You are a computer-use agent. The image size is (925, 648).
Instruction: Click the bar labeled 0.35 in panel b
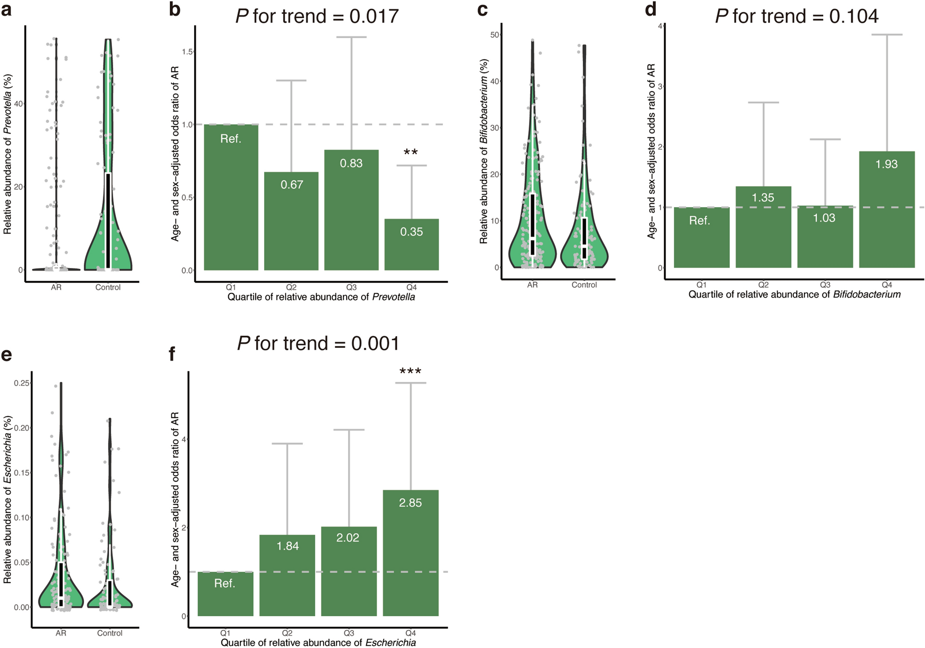pyautogui.click(x=411, y=245)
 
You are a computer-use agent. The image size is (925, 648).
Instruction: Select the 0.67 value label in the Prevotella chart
pyautogui.click(x=292, y=185)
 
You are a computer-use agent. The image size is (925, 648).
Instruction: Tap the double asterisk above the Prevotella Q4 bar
pyautogui.click(x=411, y=152)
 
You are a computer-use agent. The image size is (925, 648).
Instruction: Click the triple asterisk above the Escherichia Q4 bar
pyautogui.click(x=410, y=372)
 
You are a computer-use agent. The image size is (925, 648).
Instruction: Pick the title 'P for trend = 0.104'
pyautogui.click(x=797, y=16)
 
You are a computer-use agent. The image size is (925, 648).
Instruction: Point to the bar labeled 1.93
pyautogui.click(x=886, y=210)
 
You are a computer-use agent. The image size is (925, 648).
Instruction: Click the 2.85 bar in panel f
pyautogui.click(x=410, y=553)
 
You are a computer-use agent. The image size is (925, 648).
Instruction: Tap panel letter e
pyautogui.click(x=7, y=355)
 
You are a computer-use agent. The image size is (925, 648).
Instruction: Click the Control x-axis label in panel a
pyautogui.click(x=108, y=288)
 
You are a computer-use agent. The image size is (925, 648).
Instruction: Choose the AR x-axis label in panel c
pyautogui.click(x=532, y=285)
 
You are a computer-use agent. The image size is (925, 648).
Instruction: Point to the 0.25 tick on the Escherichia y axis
pyautogui.click(x=21, y=383)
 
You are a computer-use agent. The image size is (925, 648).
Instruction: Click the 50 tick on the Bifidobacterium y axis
pyautogui.click(x=495, y=35)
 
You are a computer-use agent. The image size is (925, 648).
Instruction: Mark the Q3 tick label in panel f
pyautogui.click(x=349, y=633)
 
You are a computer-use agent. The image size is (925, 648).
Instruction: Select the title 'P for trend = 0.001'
pyautogui.click(x=318, y=344)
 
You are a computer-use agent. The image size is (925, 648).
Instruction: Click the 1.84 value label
pyautogui.click(x=287, y=546)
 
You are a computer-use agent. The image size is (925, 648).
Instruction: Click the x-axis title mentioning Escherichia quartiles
pyautogui.click(x=318, y=643)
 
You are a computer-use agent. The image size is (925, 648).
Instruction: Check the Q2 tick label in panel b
pyautogui.click(x=291, y=288)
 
